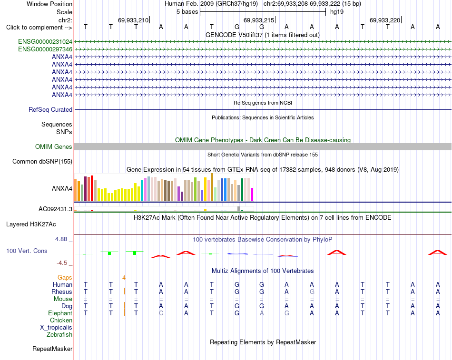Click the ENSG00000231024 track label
point(45,41)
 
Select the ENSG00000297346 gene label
point(45,49)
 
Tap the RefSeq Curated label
point(50,109)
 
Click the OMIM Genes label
point(54,146)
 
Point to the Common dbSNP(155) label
point(42,161)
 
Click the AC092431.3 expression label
point(55,209)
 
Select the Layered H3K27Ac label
point(31,224)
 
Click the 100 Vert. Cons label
point(27,251)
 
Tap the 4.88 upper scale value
point(61,239)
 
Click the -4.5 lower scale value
point(62,263)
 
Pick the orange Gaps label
point(65,277)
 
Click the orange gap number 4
point(124,278)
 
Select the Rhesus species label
point(62,292)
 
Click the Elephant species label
point(60,313)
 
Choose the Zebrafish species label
point(59,335)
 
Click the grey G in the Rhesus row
point(312,292)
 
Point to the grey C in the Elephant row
point(161,313)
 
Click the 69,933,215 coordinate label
point(259,20)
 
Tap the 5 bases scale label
point(187,12)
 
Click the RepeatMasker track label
point(52,349)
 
